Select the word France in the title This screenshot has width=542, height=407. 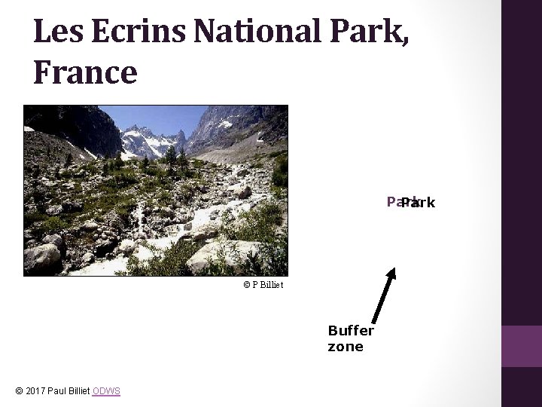pos(85,72)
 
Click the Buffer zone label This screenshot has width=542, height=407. pos(350,338)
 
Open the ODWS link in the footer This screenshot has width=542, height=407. pos(106,390)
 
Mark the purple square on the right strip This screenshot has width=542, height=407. pos(522,346)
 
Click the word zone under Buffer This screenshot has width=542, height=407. pos(346,347)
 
